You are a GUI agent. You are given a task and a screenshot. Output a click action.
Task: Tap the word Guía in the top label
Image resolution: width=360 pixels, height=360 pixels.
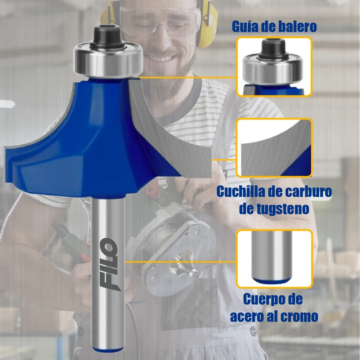tap(245, 27)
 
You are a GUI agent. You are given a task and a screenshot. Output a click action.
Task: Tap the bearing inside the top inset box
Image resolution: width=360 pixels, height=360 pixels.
tap(273, 68)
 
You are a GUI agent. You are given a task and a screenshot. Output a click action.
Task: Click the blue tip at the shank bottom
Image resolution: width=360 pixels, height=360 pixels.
tap(108, 350)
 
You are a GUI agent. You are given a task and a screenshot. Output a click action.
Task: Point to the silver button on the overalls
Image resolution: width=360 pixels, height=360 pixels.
tap(253, 331)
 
